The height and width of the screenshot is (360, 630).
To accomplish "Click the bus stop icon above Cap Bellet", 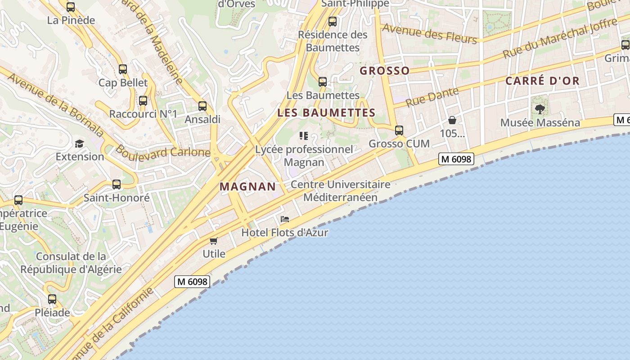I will click(x=122, y=69).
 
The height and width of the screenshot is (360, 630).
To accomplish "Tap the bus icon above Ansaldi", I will click(x=202, y=106).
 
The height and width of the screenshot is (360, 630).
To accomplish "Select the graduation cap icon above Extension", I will click(x=80, y=144).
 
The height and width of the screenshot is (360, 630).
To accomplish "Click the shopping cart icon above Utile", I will click(x=214, y=241).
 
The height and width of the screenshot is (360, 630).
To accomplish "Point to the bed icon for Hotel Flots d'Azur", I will click(x=284, y=220).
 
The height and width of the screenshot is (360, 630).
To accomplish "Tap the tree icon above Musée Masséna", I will click(x=540, y=109).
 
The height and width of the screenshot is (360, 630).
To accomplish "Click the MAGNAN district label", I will click(x=247, y=187).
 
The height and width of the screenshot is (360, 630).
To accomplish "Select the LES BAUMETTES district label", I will click(x=326, y=112).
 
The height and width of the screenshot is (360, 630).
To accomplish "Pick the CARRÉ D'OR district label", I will click(x=542, y=81).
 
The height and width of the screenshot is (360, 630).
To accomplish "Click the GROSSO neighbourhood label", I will click(x=385, y=71).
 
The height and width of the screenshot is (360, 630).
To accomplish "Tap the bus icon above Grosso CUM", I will click(x=399, y=130).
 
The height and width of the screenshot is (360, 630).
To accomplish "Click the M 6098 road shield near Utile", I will click(x=192, y=282).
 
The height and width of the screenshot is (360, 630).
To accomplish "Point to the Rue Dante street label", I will click(x=432, y=97).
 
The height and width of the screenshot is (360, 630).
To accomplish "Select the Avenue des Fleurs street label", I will click(x=429, y=34).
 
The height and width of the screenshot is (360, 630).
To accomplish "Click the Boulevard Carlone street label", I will click(x=163, y=151).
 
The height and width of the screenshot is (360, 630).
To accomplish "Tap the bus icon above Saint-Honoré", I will click(x=117, y=184).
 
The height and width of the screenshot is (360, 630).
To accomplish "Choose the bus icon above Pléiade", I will click(x=52, y=299).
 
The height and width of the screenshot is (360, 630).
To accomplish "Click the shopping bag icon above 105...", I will click(x=452, y=120).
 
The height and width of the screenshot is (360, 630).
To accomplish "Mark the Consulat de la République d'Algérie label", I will click(x=71, y=263).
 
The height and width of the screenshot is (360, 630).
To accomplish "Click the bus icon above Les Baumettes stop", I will click(x=323, y=82).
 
